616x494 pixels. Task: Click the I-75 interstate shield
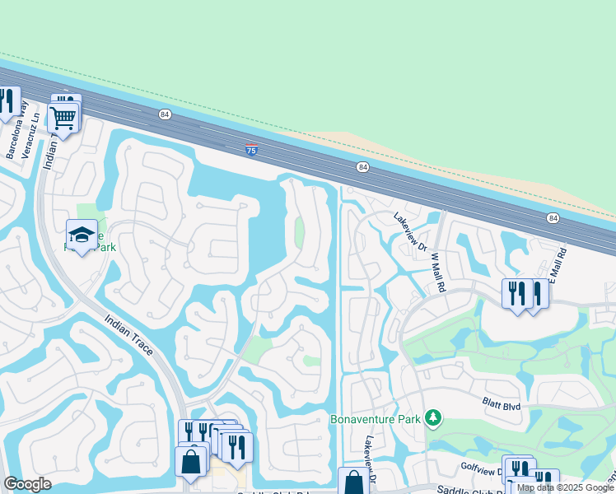click(251, 150)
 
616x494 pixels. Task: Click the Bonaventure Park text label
click(376, 419)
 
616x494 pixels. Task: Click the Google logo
click(27, 484)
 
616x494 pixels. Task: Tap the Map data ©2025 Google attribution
click(565, 487)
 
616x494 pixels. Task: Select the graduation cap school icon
click(82, 234)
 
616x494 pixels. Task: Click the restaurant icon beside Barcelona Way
click(7, 100)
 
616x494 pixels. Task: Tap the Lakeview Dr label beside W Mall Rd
click(409, 232)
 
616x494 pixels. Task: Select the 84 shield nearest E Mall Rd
click(553, 217)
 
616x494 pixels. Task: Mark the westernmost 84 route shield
click(166, 114)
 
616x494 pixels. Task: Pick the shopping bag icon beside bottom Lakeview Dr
click(353, 481)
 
